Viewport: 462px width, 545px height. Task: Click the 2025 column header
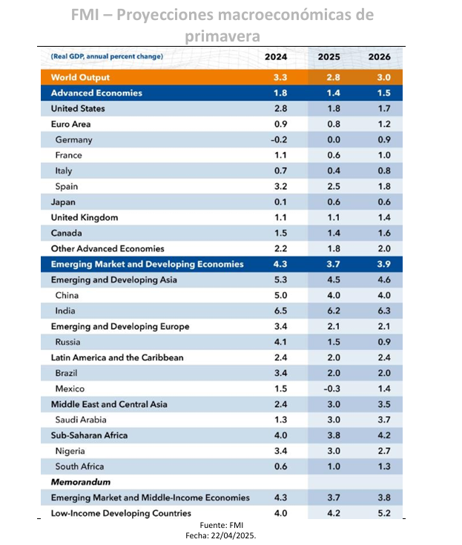click(329, 56)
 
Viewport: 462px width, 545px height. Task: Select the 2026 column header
click(379, 56)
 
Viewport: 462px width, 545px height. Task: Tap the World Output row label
click(80, 77)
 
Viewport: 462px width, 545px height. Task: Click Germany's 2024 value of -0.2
click(279, 139)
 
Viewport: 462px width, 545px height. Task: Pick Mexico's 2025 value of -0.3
click(332, 389)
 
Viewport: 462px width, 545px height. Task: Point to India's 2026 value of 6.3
click(384, 311)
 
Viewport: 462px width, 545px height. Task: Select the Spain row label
click(67, 187)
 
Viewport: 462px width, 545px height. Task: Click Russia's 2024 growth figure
click(280, 342)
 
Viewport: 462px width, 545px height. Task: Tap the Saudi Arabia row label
click(81, 420)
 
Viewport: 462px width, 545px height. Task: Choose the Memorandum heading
click(81, 482)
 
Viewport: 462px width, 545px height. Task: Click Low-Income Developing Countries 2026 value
click(384, 513)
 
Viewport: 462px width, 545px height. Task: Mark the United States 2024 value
click(280, 108)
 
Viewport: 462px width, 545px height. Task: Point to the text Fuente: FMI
click(222, 525)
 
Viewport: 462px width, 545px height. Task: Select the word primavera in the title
click(222, 36)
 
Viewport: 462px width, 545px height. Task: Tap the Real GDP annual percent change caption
click(107, 56)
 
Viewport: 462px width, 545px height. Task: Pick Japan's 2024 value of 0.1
click(280, 202)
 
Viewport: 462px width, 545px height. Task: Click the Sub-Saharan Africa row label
click(89, 435)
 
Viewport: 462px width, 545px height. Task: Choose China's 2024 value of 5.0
click(280, 295)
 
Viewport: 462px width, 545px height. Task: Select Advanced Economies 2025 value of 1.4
click(334, 93)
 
